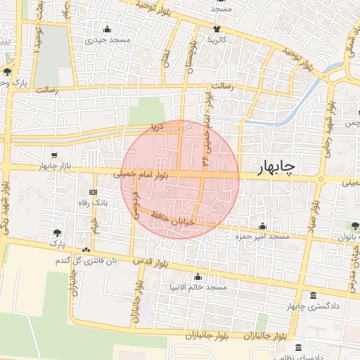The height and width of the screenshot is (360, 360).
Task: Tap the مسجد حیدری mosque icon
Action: point(107,29)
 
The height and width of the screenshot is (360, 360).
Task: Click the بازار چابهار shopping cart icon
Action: point(55,155)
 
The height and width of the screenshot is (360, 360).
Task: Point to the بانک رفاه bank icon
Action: point(93,192)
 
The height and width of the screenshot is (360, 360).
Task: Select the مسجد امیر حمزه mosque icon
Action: point(262,226)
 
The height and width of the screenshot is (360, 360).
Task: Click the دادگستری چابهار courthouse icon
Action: point(312,296)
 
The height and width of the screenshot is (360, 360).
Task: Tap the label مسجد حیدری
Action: point(108,40)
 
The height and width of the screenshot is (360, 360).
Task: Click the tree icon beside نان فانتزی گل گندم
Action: point(86,250)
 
